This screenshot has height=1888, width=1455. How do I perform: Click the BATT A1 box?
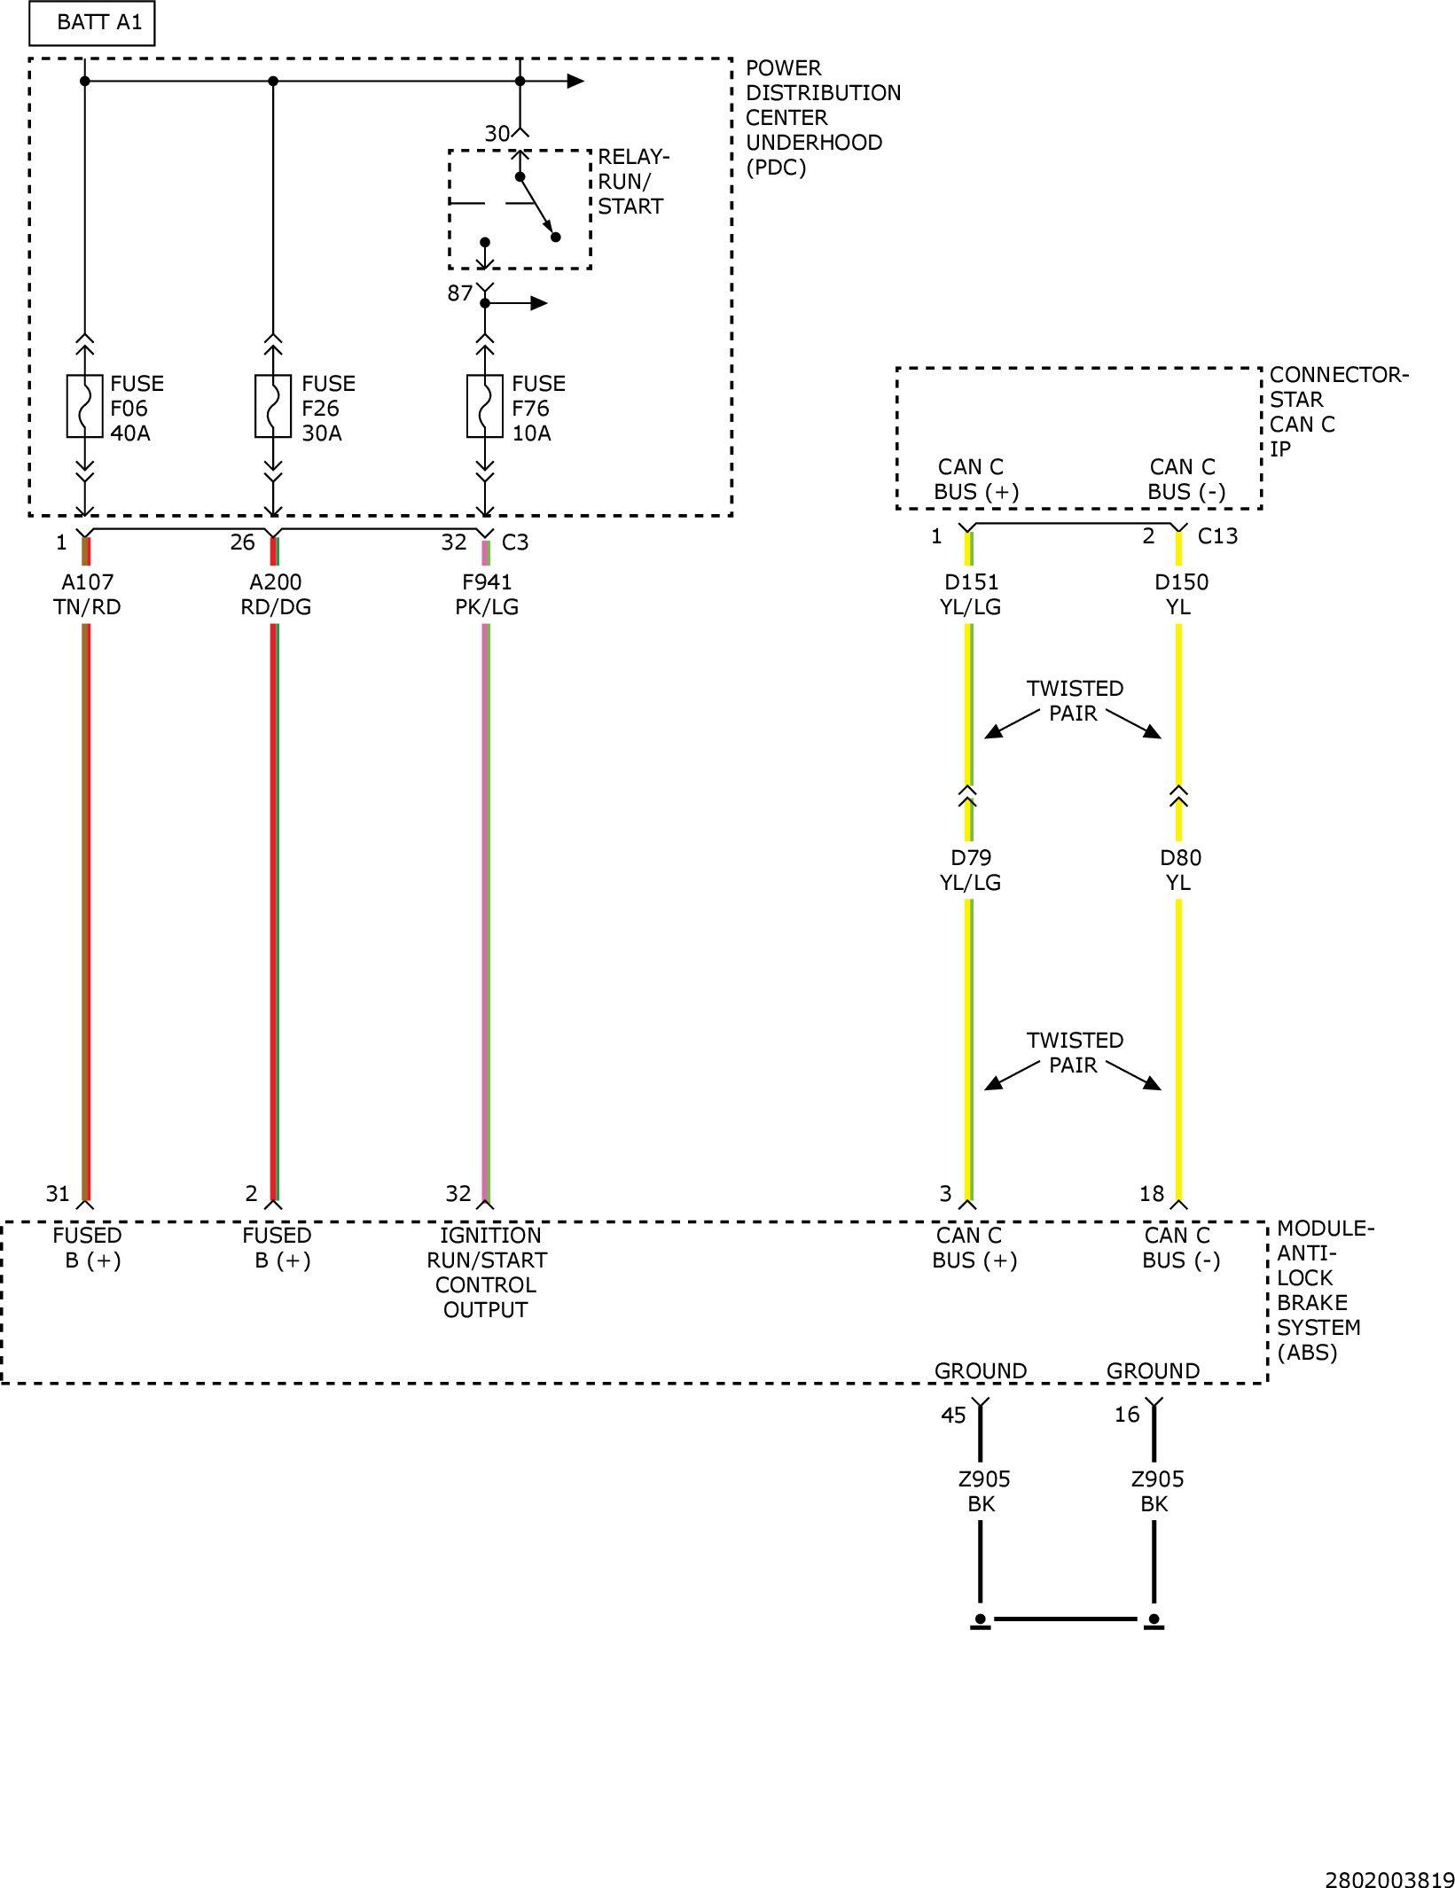click(x=92, y=23)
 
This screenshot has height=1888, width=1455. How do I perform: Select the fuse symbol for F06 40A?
click(x=85, y=407)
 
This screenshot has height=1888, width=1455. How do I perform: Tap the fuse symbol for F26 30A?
click(x=273, y=407)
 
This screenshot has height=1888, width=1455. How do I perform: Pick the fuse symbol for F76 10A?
click(x=485, y=407)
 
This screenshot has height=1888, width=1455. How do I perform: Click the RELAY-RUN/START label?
click(x=633, y=182)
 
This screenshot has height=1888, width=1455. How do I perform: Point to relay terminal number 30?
click(x=497, y=134)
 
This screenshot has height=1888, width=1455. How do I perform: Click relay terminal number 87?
click(x=459, y=293)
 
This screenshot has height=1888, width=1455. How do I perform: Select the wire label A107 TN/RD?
click(x=87, y=595)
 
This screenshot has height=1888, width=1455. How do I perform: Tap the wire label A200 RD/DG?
click(x=276, y=595)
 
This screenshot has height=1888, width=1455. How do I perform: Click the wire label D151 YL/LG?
click(x=971, y=595)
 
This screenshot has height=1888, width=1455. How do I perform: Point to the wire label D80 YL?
click(x=1180, y=870)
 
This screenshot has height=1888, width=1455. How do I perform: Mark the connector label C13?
click(x=1217, y=536)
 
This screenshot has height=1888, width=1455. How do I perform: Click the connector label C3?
click(x=515, y=542)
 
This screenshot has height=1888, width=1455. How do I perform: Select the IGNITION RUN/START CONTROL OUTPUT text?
click(x=486, y=1273)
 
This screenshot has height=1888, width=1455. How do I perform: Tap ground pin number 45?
click(x=953, y=1416)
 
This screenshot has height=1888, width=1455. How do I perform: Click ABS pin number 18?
click(x=1152, y=1194)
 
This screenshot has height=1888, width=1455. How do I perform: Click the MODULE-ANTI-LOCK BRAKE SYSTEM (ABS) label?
click(x=1325, y=1291)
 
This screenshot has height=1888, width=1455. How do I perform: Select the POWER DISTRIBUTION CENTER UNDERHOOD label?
click(x=823, y=118)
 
